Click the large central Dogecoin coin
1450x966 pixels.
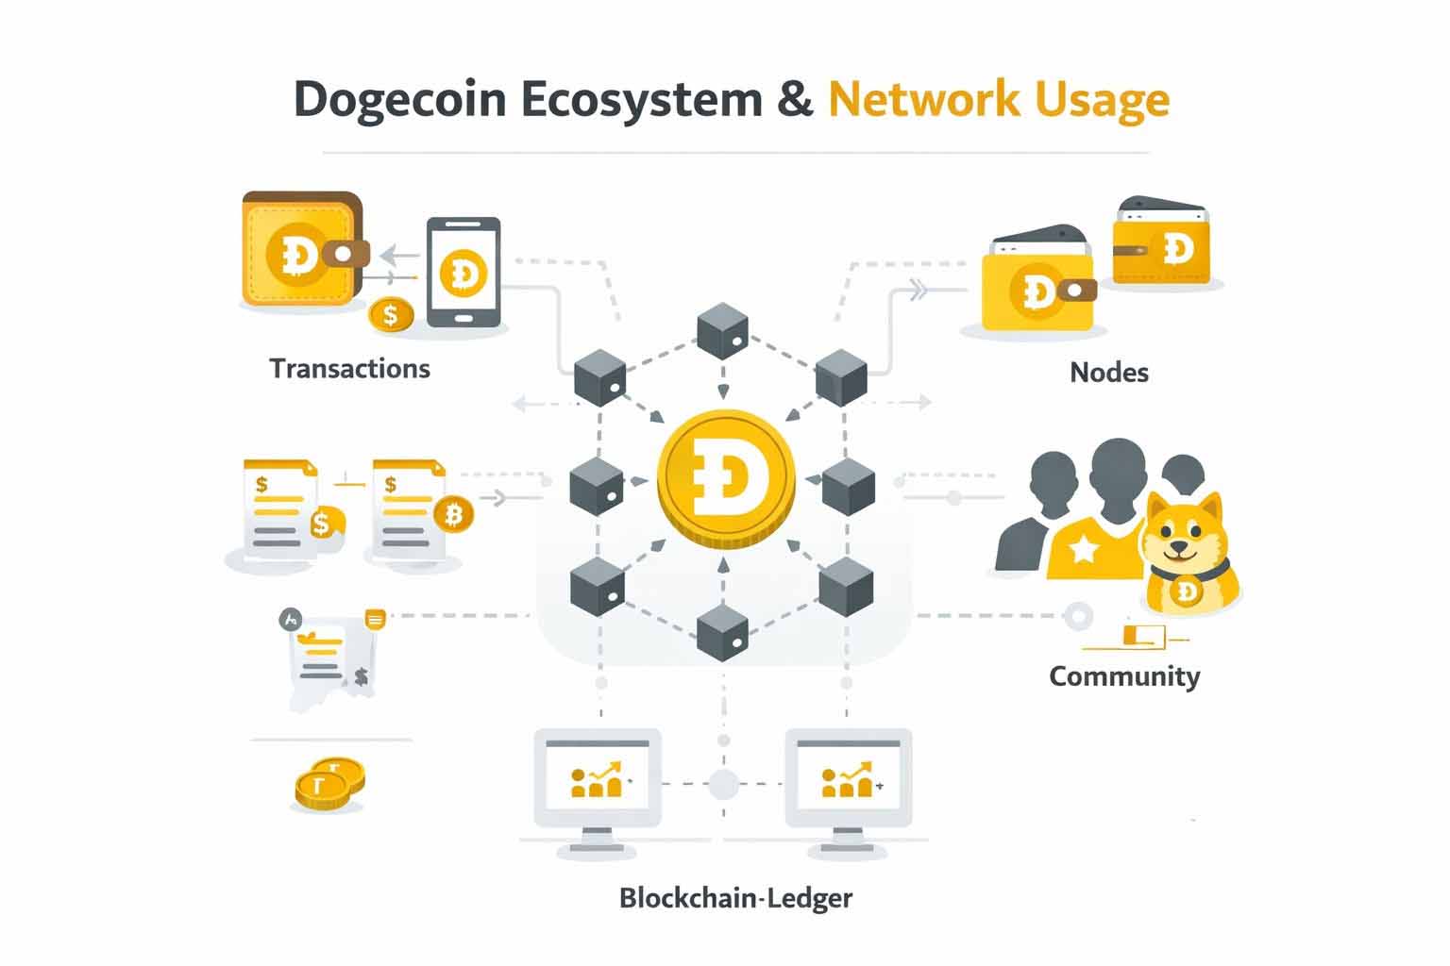[x=726, y=476]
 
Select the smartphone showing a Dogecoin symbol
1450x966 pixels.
[x=463, y=273]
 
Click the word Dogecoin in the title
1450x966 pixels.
[x=399, y=100]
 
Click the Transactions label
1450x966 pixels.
[x=349, y=368]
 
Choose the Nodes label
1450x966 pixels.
[x=1108, y=372]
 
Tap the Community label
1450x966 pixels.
[x=1123, y=675]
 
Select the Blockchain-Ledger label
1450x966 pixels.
[x=735, y=897]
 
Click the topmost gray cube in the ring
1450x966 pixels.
[x=722, y=331]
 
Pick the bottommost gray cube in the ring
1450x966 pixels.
[x=722, y=632]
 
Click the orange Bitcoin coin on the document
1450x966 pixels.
[x=454, y=515]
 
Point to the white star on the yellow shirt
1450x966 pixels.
[x=1083, y=548]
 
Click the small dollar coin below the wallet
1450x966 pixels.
[x=391, y=314]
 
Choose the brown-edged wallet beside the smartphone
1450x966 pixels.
[x=302, y=250]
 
